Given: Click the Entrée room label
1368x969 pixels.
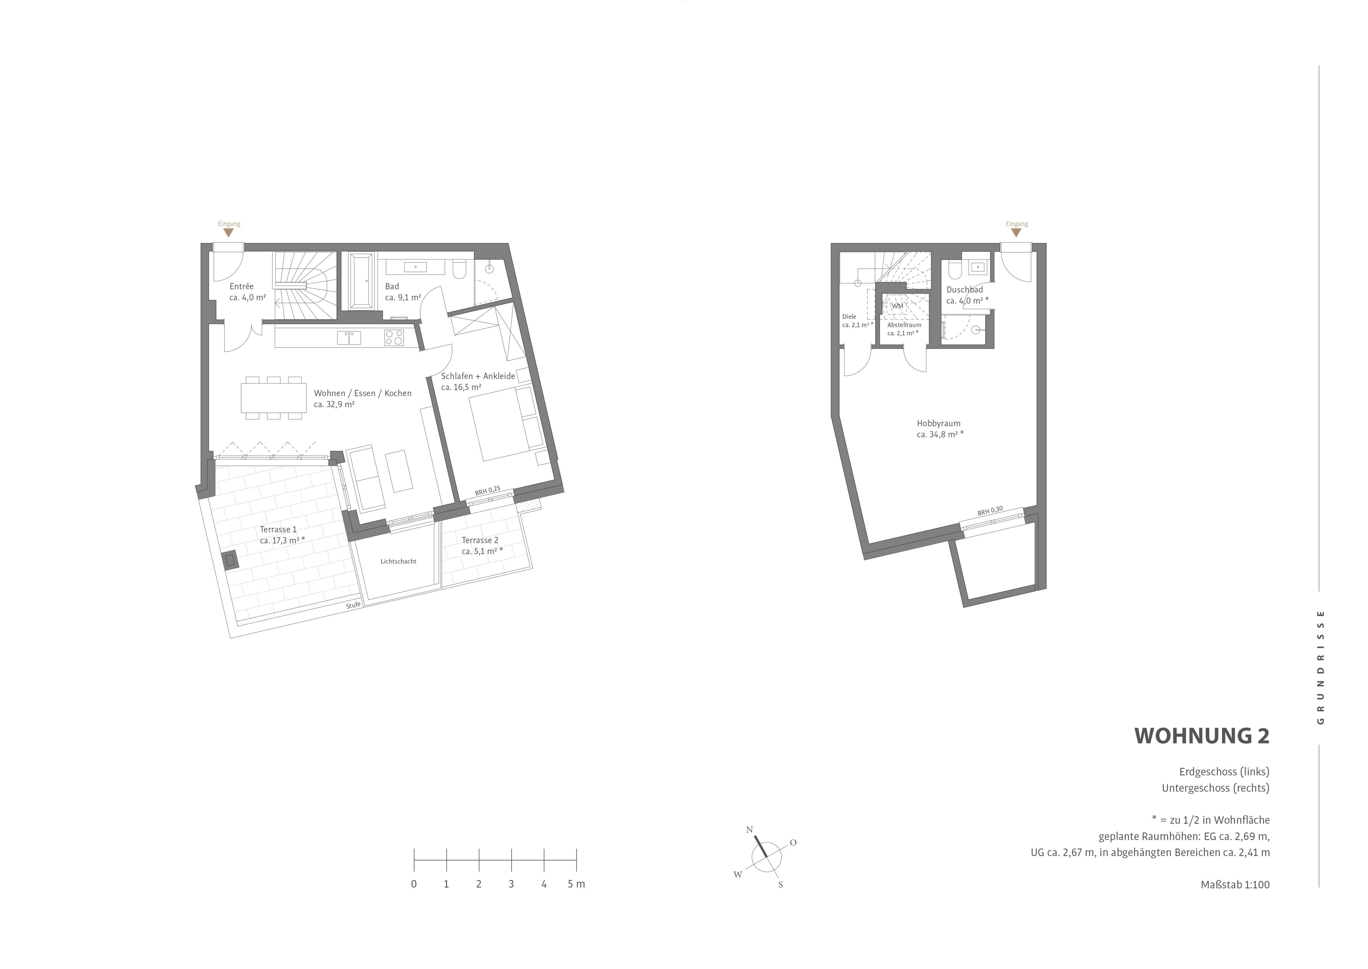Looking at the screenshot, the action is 242,287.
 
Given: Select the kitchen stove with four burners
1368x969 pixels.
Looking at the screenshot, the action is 394,338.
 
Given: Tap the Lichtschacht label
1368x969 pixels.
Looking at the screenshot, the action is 398,561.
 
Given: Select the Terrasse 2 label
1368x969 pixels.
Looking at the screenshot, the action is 480,540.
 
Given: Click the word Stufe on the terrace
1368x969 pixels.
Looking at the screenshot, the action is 353,605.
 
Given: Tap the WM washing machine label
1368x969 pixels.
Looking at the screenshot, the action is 897,306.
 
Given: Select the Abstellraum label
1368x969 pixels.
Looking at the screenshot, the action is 904,325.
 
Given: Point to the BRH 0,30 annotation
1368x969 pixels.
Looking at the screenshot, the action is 990,511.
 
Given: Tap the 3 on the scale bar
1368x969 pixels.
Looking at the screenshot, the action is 511,884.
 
